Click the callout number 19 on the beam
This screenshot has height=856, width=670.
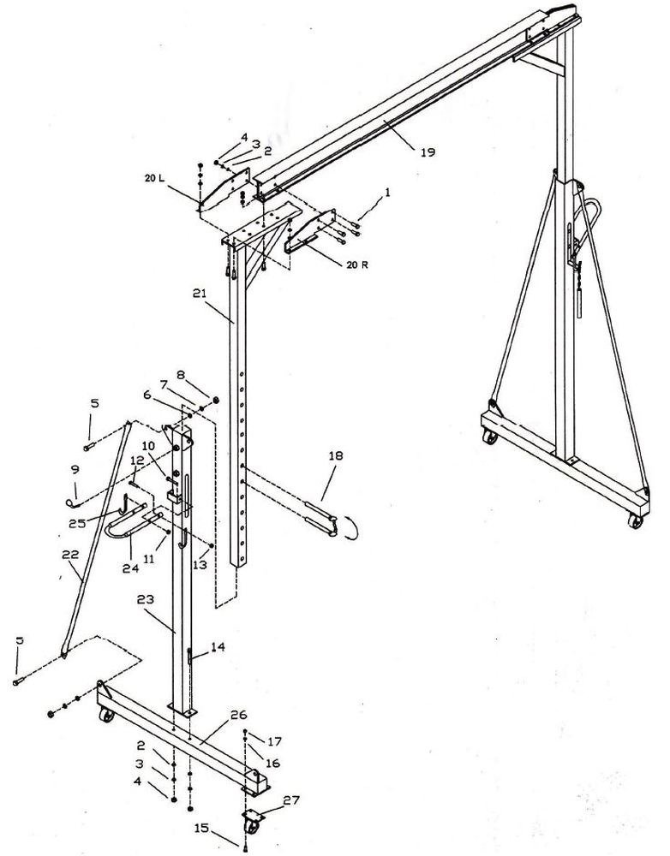pos(428,152)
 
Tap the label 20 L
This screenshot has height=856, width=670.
pos(154,178)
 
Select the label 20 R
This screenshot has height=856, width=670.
pos(357,265)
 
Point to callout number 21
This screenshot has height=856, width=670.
pos(200,294)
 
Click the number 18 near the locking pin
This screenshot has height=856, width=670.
pos(336,456)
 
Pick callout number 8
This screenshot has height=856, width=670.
pos(181,375)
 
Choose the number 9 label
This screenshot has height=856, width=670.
pos(75,469)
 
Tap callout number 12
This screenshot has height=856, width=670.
pos(137,461)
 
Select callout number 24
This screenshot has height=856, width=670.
pos(131,568)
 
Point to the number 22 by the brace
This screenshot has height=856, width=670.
pos(71,555)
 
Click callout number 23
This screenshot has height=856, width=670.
pos(147,599)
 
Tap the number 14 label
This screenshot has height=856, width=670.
pos(218,647)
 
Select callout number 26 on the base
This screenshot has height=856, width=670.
pos(239,715)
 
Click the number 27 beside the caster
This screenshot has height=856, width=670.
pos(292,800)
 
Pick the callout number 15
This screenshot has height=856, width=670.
pos(201,828)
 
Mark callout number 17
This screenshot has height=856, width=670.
pos(274,741)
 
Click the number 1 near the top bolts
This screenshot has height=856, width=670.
pos(387,192)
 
